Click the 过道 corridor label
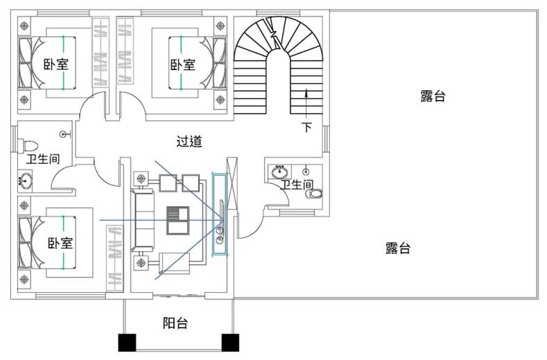point(189,142)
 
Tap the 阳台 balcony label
point(175,323)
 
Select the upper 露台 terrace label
point(433,96)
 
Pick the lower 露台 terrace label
point(398,248)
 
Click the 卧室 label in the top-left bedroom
point(55,65)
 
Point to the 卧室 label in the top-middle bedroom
point(182,65)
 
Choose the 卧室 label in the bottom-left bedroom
point(60,243)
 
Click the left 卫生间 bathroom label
point(43,159)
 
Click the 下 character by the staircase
point(306,127)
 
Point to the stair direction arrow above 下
point(306,101)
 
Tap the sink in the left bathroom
point(25,182)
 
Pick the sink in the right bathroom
point(281,171)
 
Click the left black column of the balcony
point(128,343)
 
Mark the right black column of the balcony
point(230,343)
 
